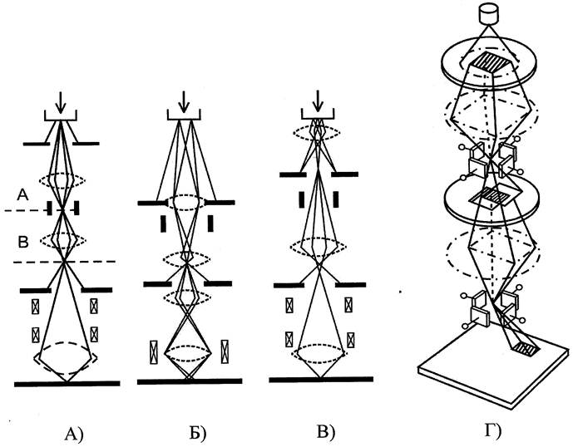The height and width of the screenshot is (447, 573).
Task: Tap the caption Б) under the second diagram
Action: tap(197, 431)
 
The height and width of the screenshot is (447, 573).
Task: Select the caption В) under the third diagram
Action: tap(320, 431)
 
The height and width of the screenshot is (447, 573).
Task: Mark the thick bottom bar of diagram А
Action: tap(67, 383)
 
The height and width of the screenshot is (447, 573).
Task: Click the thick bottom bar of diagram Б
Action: tap(190, 381)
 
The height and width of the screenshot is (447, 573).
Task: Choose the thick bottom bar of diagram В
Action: tap(317, 379)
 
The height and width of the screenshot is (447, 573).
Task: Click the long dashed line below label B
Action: tap(67, 263)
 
